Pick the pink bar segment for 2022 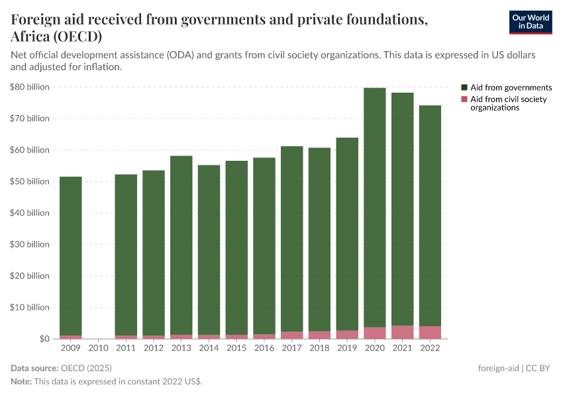click(430, 332)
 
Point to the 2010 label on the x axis click(99, 347)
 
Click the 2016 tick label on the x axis click(264, 347)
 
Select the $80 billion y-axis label click(30, 87)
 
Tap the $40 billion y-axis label click(30, 213)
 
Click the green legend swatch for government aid click(464, 87)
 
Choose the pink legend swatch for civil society click(464, 99)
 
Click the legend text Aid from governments click(511, 87)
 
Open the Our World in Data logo click(531, 22)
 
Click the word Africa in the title click(32, 36)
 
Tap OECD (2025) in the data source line click(86, 368)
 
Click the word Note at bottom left click(21, 382)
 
